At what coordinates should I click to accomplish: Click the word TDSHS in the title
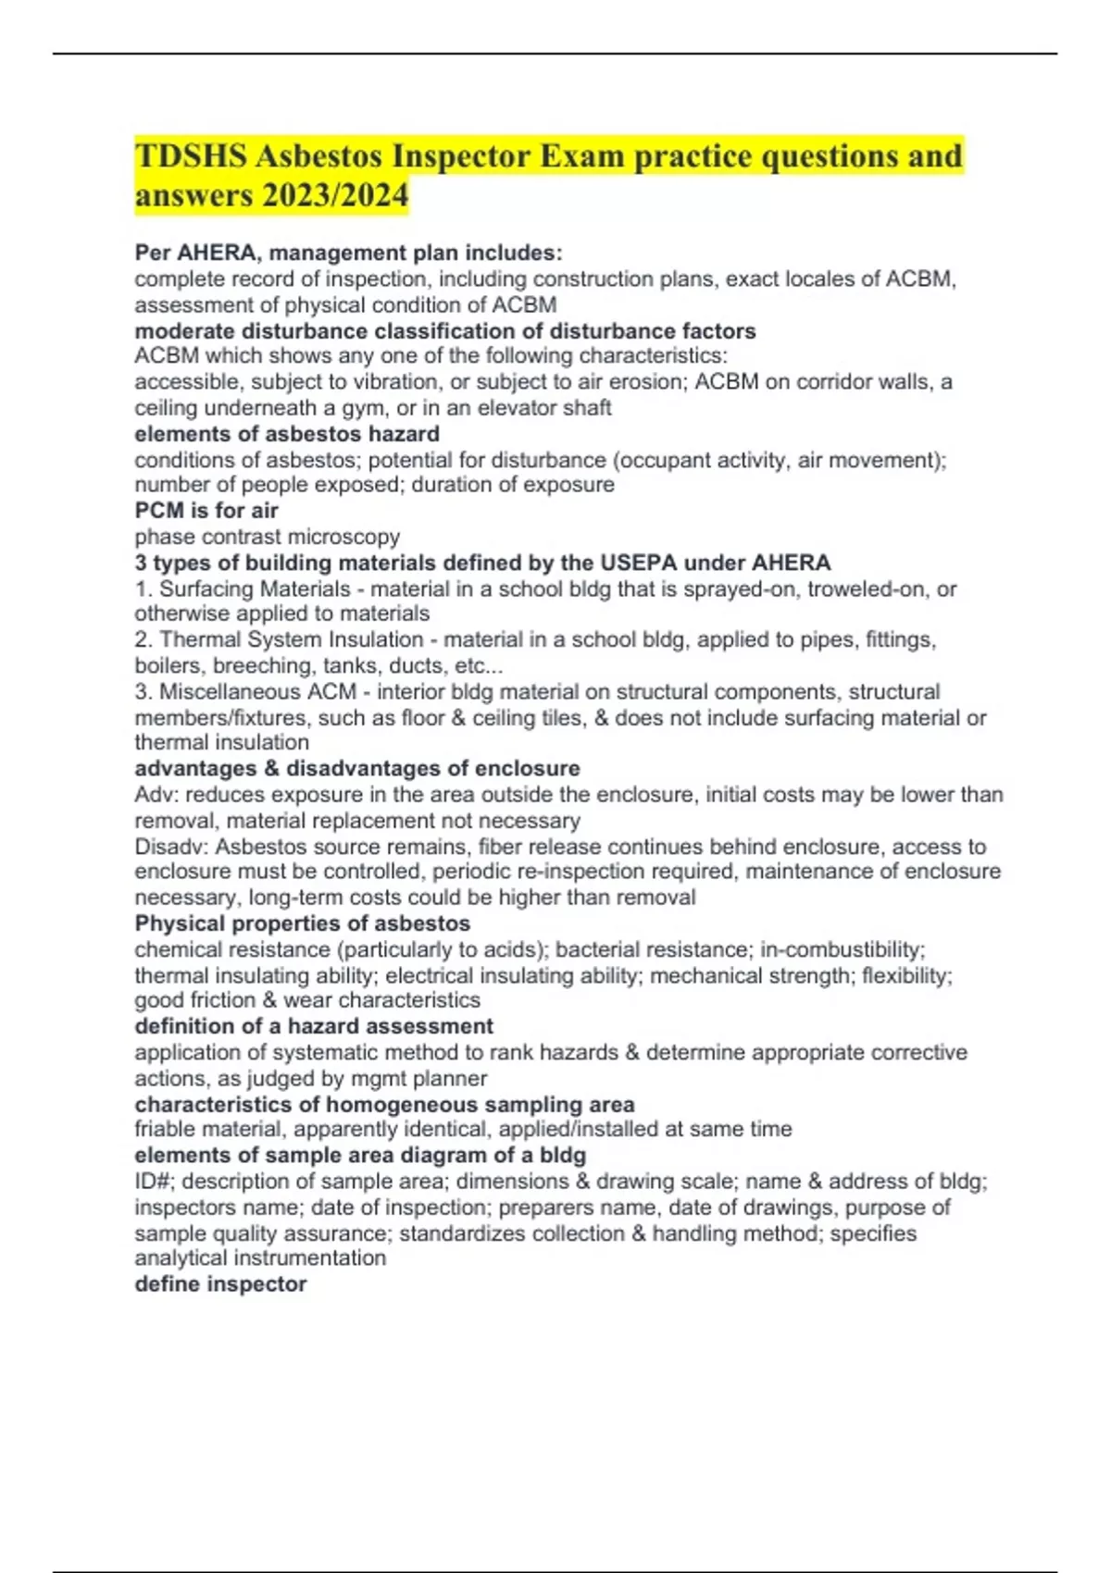coord(191,156)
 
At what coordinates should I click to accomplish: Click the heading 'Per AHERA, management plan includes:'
coord(348,253)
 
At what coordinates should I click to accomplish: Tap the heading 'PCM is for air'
coord(206,511)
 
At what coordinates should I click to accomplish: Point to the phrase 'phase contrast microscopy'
coord(267,537)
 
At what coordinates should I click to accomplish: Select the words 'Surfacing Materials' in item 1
coord(255,588)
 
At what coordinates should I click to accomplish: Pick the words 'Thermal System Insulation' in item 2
coord(292,639)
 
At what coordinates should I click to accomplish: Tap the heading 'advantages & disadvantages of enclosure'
coord(356,768)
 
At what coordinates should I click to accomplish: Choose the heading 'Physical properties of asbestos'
coord(302,923)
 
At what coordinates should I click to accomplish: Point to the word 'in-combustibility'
coord(841,949)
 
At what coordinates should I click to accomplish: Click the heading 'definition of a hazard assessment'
coord(313,1026)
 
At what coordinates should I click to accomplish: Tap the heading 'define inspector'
coord(220,1284)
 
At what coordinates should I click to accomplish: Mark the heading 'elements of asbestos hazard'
coord(287,434)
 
